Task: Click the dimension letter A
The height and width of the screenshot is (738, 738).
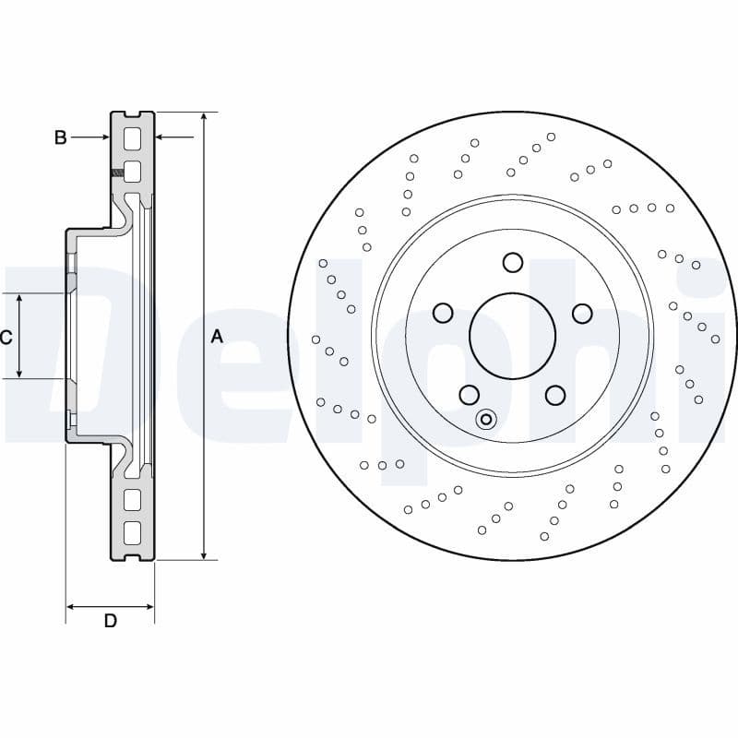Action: [x=217, y=337]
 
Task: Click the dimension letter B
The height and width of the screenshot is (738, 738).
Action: [x=60, y=137]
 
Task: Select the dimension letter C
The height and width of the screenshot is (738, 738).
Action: [x=6, y=338]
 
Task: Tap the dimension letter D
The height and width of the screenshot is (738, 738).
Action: [x=110, y=621]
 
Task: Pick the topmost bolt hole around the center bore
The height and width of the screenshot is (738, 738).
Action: [x=513, y=263]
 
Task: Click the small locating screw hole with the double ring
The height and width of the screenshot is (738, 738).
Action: [x=486, y=420]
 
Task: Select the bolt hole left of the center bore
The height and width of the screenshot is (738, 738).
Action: [x=443, y=314]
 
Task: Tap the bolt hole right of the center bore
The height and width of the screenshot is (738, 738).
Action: [x=582, y=314]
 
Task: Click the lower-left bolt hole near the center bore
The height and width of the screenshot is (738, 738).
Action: [x=470, y=395]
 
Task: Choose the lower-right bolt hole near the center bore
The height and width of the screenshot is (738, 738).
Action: [x=554, y=395]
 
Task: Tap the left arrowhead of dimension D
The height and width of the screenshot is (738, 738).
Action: [x=71, y=607]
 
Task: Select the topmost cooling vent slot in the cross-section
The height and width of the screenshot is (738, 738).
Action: [x=132, y=139]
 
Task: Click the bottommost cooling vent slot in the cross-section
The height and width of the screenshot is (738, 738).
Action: [x=132, y=532]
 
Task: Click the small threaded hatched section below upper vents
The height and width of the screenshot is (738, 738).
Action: [x=116, y=173]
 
